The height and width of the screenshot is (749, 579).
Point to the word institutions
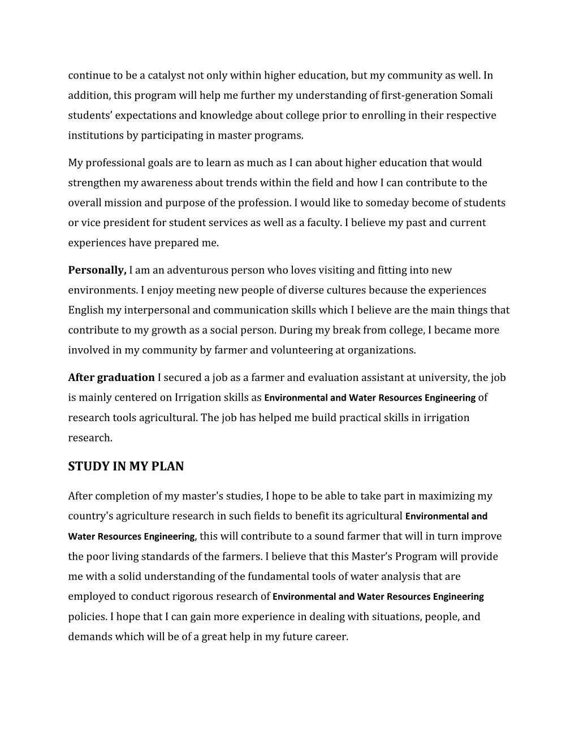pyautogui.click(x=94, y=136)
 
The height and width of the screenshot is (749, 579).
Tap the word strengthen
pyautogui.click(x=94, y=183)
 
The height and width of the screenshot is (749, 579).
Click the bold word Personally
pyautogui.click(x=97, y=270)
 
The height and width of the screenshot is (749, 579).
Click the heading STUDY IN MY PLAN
pyautogui.click(x=126, y=466)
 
